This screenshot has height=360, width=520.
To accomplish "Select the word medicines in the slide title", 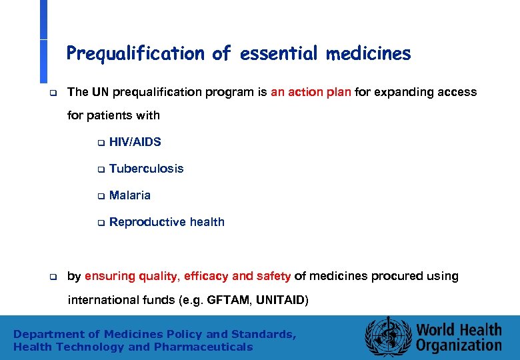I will coord(368,53).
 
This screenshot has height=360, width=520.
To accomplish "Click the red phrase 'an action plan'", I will coord(311,92).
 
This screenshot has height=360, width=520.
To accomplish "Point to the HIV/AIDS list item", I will coord(135,142).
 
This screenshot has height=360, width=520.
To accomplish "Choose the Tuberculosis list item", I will coord(146,169).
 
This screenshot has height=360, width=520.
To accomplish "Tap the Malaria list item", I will coord(129,195).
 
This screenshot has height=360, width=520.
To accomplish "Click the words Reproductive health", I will coord(167,222).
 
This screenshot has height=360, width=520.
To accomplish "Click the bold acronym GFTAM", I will coord(227,300).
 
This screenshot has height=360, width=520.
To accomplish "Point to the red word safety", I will coord(273,276).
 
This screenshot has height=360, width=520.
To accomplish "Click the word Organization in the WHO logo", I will coord(459,345).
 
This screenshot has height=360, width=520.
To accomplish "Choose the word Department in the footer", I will coord(46,334).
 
